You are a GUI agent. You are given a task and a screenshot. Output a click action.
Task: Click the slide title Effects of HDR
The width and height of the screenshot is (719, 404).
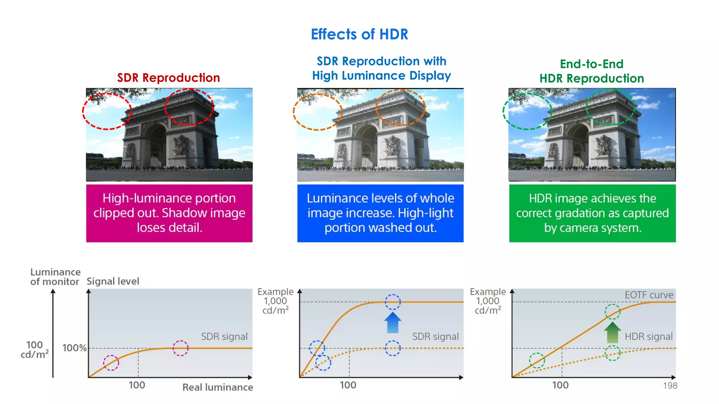click(359, 34)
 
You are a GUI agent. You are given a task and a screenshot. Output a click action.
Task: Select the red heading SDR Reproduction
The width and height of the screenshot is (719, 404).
click(169, 78)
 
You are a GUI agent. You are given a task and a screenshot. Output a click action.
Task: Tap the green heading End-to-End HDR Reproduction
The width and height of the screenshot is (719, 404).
click(592, 71)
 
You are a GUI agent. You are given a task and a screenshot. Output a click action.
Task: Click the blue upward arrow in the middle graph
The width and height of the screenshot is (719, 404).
click(393, 323)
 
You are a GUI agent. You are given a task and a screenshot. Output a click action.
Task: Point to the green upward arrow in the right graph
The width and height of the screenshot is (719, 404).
click(612, 332)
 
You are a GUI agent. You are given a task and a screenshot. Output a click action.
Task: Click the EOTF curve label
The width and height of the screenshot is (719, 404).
click(649, 295)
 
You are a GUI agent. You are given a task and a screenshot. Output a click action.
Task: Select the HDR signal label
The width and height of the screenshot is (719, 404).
click(648, 337)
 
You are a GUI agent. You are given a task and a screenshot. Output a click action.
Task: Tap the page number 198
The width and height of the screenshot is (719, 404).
click(670, 386)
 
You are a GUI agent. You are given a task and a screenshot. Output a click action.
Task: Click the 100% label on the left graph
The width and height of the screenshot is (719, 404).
click(74, 348)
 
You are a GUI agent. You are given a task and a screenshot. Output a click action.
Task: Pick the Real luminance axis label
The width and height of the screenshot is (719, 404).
click(218, 387)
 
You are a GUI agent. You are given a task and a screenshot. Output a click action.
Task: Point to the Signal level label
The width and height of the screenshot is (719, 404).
click(113, 281)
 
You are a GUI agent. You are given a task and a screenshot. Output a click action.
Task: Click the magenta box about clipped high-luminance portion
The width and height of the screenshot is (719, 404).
click(169, 213)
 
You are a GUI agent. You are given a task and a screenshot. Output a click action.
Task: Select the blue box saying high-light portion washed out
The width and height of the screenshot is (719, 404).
click(380, 213)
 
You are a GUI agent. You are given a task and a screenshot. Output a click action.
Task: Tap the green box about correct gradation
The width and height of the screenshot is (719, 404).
click(592, 213)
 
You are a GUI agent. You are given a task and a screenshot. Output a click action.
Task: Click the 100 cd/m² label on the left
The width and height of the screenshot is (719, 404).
click(34, 350)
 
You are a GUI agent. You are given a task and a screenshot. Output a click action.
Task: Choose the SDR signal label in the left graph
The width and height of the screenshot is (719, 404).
click(224, 337)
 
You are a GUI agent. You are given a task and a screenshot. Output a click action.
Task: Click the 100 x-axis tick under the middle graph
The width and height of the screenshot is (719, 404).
click(348, 385)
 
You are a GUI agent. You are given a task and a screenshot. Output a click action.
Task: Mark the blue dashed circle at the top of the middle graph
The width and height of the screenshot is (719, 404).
click(393, 302)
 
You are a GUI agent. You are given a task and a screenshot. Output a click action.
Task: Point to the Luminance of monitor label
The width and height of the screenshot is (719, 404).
click(55, 277)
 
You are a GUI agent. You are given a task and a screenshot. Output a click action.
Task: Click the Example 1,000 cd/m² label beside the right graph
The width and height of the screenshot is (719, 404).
click(488, 301)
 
